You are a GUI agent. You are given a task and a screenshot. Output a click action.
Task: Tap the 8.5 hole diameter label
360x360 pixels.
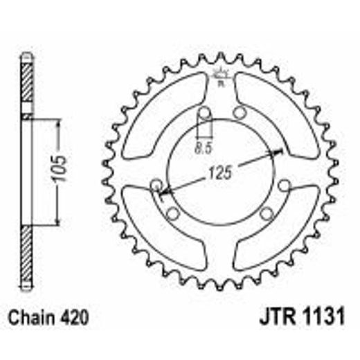pos(203,147)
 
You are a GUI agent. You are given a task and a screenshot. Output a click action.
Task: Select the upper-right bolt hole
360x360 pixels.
pos(240,112)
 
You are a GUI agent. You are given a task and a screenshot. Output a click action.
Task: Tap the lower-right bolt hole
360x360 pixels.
pos(268,214)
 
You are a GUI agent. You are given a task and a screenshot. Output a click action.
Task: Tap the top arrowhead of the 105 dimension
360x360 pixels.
pos(57,123)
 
